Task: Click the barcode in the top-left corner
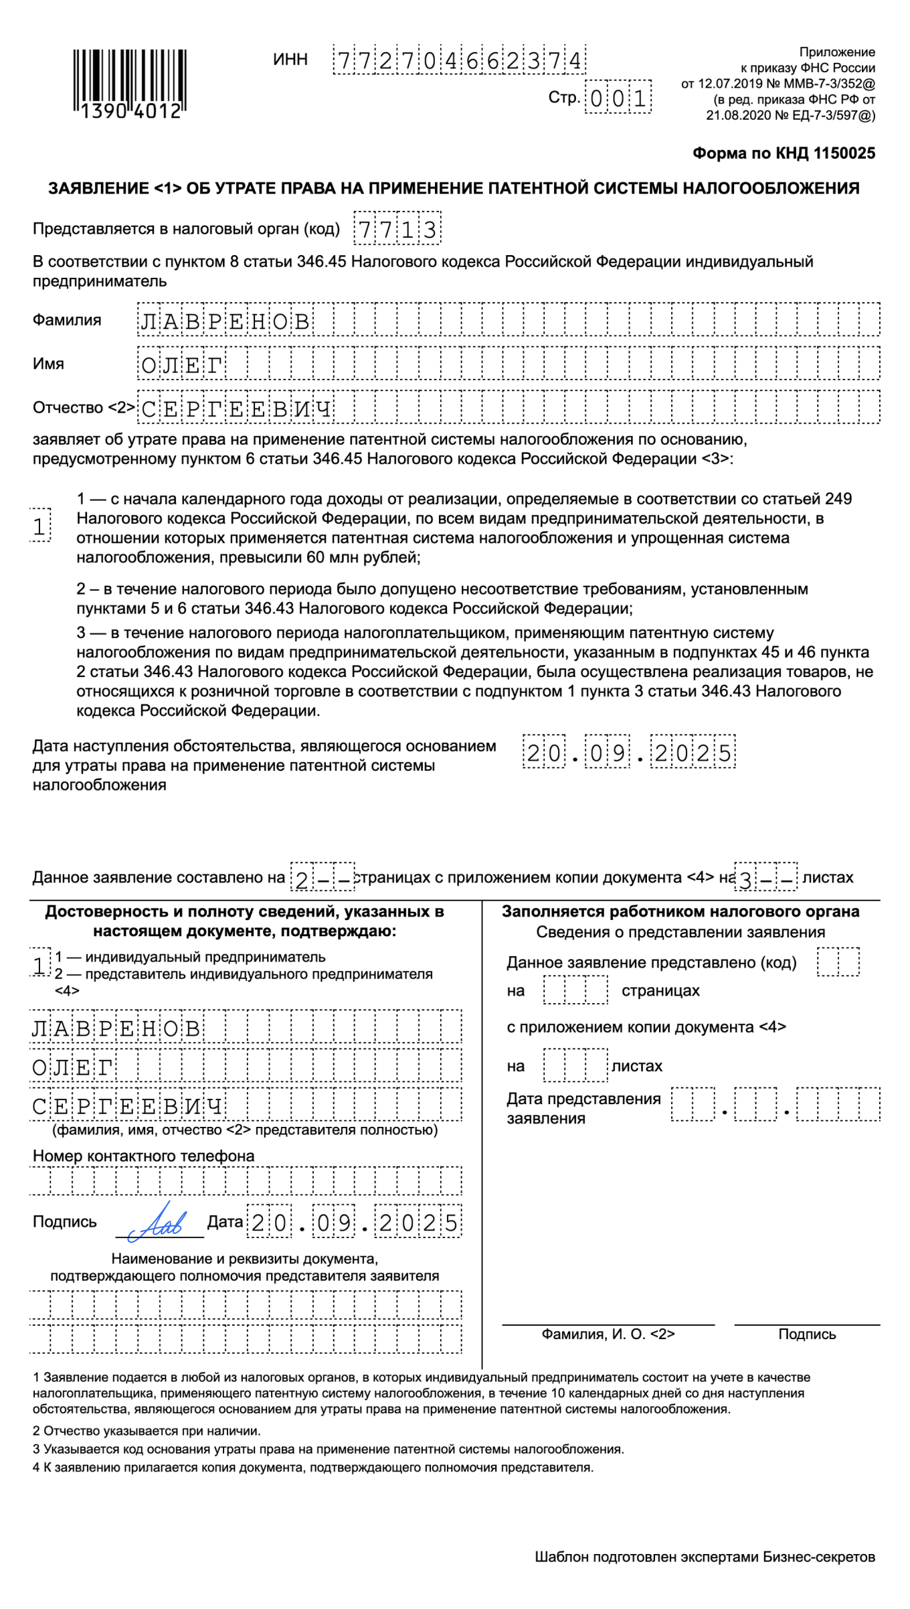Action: pyautogui.click(x=129, y=83)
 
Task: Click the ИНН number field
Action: pyautogui.click(x=459, y=60)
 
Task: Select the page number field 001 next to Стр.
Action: pyautogui.click(x=618, y=98)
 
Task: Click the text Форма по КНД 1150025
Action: pyautogui.click(x=784, y=153)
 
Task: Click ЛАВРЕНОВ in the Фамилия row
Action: pyautogui.click(x=225, y=321)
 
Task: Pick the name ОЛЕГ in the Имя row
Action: pyautogui.click(x=182, y=365)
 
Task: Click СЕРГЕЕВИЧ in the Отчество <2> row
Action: pyautogui.click(x=237, y=408)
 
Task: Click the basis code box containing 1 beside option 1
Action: pyautogui.click(x=40, y=526)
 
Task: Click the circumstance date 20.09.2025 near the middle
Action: pyautogui.click(x=628, y=753)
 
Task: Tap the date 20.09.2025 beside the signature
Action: pyautogui.click(x=354, y=1223)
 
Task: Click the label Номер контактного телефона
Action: pyautogui.click(x=144, y=1156)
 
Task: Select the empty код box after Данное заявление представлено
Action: pyautogui.click(x=838, y=962)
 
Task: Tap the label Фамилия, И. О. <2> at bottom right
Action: pyautogui.click(x=608, y=1334)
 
